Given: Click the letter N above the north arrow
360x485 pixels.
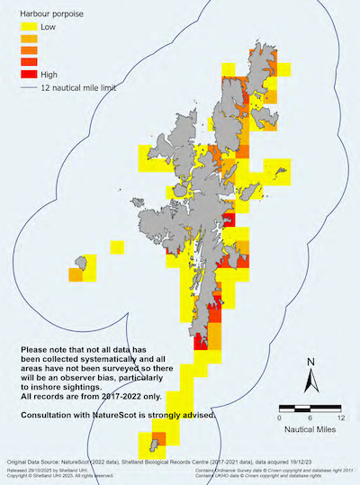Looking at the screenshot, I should (310, 364).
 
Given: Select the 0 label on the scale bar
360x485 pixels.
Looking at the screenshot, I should (280, 418).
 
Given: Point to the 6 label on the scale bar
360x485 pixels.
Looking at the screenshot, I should (310, 418).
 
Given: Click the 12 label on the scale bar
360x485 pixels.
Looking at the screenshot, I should (341, 418).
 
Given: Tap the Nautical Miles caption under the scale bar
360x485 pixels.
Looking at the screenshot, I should (310, 430).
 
